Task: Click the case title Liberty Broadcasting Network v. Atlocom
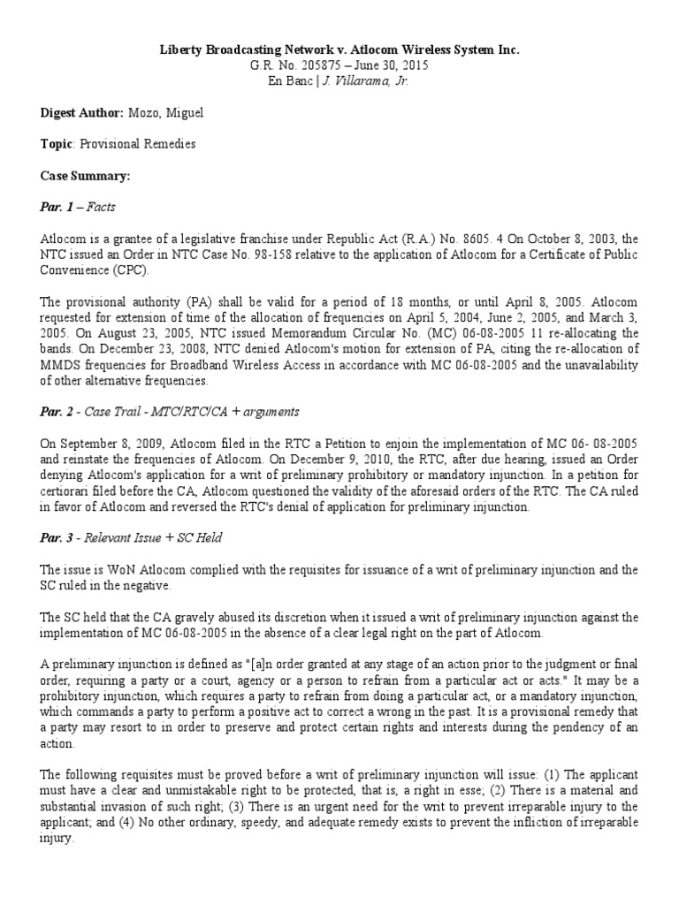[x=339, y=50]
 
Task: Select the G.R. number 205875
[x=295, y=65]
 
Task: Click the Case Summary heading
[x=85, y=176]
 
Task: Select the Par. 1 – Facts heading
[x=78, y=207]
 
